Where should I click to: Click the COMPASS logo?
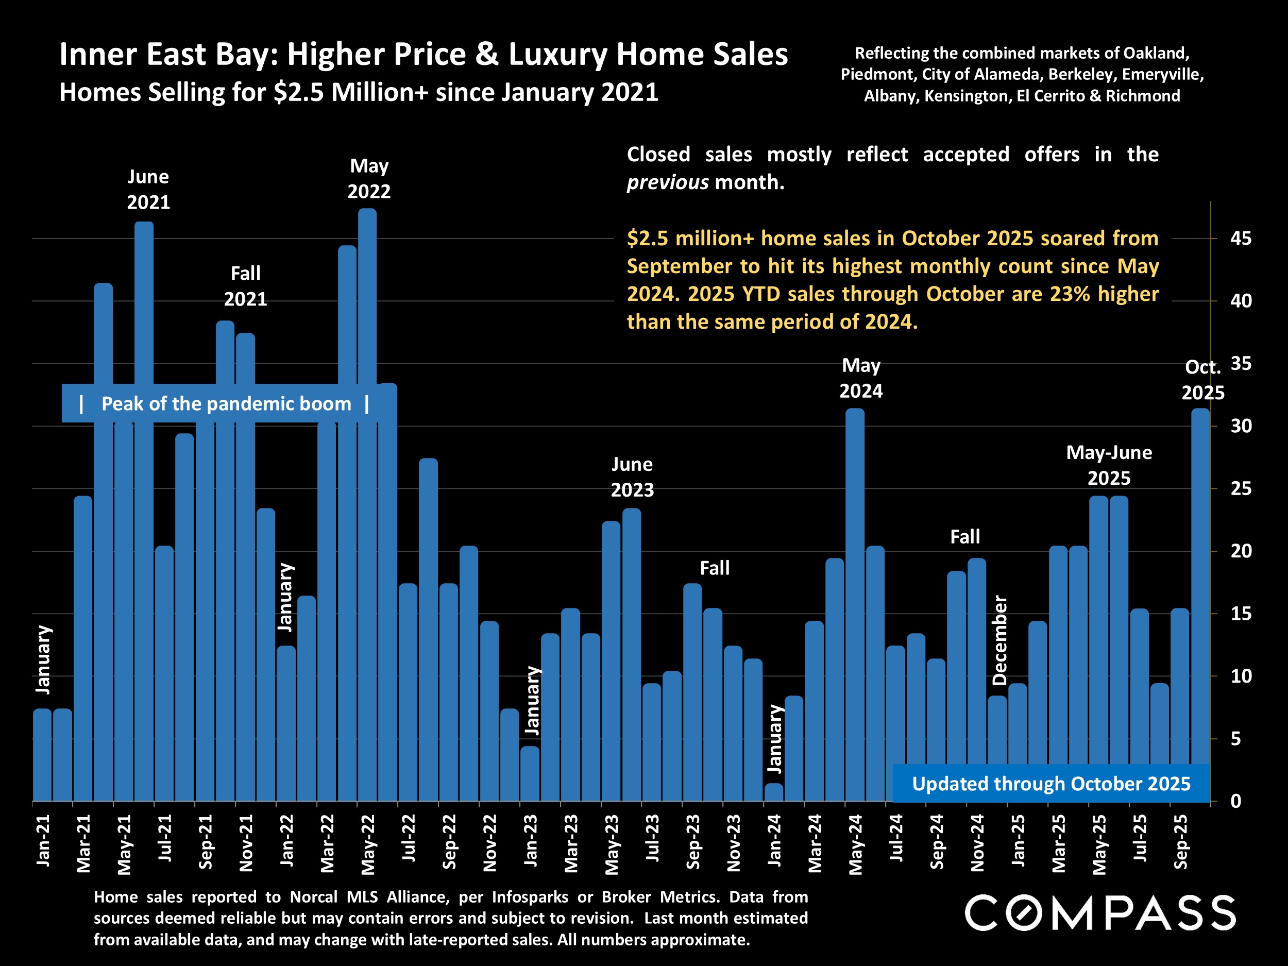1100,913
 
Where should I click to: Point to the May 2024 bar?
855,605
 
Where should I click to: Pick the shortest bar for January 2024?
774,792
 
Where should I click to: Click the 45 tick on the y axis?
1241,239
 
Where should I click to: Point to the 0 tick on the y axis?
1235,802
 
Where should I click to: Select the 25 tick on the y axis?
1241,489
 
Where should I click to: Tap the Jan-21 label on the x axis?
43,840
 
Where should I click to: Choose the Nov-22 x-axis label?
489,842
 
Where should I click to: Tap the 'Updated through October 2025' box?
1051,784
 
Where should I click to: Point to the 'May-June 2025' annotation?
1109,465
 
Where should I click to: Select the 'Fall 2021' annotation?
245,286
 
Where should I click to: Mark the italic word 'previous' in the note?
667,183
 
